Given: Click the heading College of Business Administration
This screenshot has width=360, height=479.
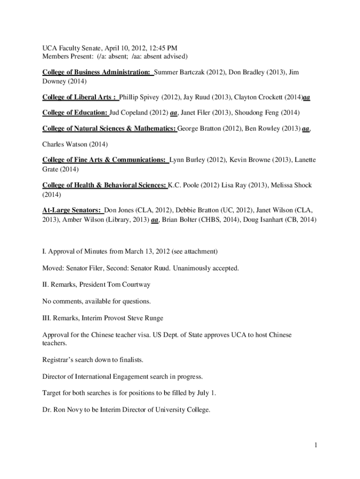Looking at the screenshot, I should pyautogui.click(x=96, y=73).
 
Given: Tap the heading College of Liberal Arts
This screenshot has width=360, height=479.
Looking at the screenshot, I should pyautogui.click(x=79, y=97).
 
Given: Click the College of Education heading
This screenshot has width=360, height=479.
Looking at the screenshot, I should pyautogui.click(x=75, y=113).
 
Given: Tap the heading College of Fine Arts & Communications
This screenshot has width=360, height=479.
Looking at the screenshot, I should pyautogui.click(x=105, y=160).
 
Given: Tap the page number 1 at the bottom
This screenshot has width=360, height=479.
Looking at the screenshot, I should pyautogui.click(x=316, y=445).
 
